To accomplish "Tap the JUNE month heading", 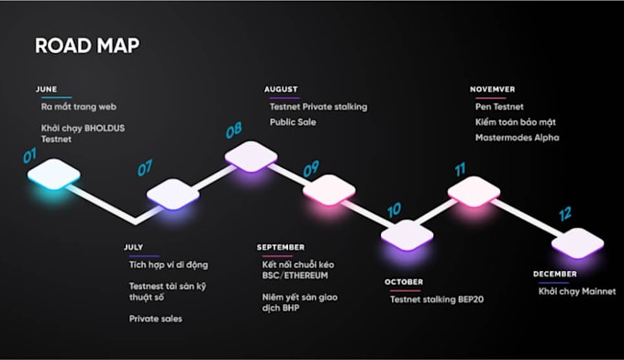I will (x=46, y=89).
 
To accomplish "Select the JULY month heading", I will (x=134, y=248).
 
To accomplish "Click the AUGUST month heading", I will (x=281, y=90).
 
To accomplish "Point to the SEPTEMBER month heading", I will (x=281, y=248).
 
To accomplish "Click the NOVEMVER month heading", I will (x=492, y=90).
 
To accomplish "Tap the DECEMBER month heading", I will (x=555, y=275).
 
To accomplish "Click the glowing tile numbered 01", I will (x=54, y=173).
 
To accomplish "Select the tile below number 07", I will (x=173, y=193).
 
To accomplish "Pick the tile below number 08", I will (x=251, y=155).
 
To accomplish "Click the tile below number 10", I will (x=407, y=234).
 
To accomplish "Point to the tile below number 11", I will (x=474, y=190).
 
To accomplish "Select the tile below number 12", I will (x=578, y=242).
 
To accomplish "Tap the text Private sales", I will (x=155, y=319).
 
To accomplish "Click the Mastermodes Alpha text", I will (x=518, y=138).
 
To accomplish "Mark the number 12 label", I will (x=565, y=213).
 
